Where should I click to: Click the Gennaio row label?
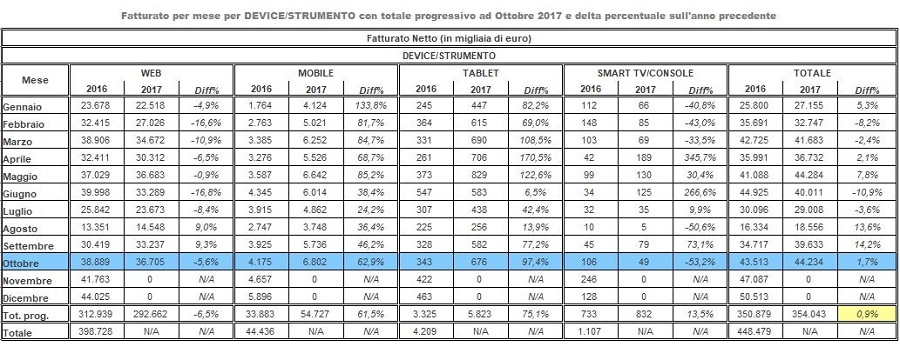point(25,104)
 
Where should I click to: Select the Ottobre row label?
point(24,260)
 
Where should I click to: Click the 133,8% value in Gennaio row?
point(369,104)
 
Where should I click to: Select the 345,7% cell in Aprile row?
point(701,156)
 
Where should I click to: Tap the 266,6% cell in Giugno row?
point(701,191)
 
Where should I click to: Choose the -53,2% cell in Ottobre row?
point(701,260)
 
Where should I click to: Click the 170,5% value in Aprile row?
point(535,156)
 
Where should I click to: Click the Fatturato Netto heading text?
point(449,37)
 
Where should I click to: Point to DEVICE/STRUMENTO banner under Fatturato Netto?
point(449,56)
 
